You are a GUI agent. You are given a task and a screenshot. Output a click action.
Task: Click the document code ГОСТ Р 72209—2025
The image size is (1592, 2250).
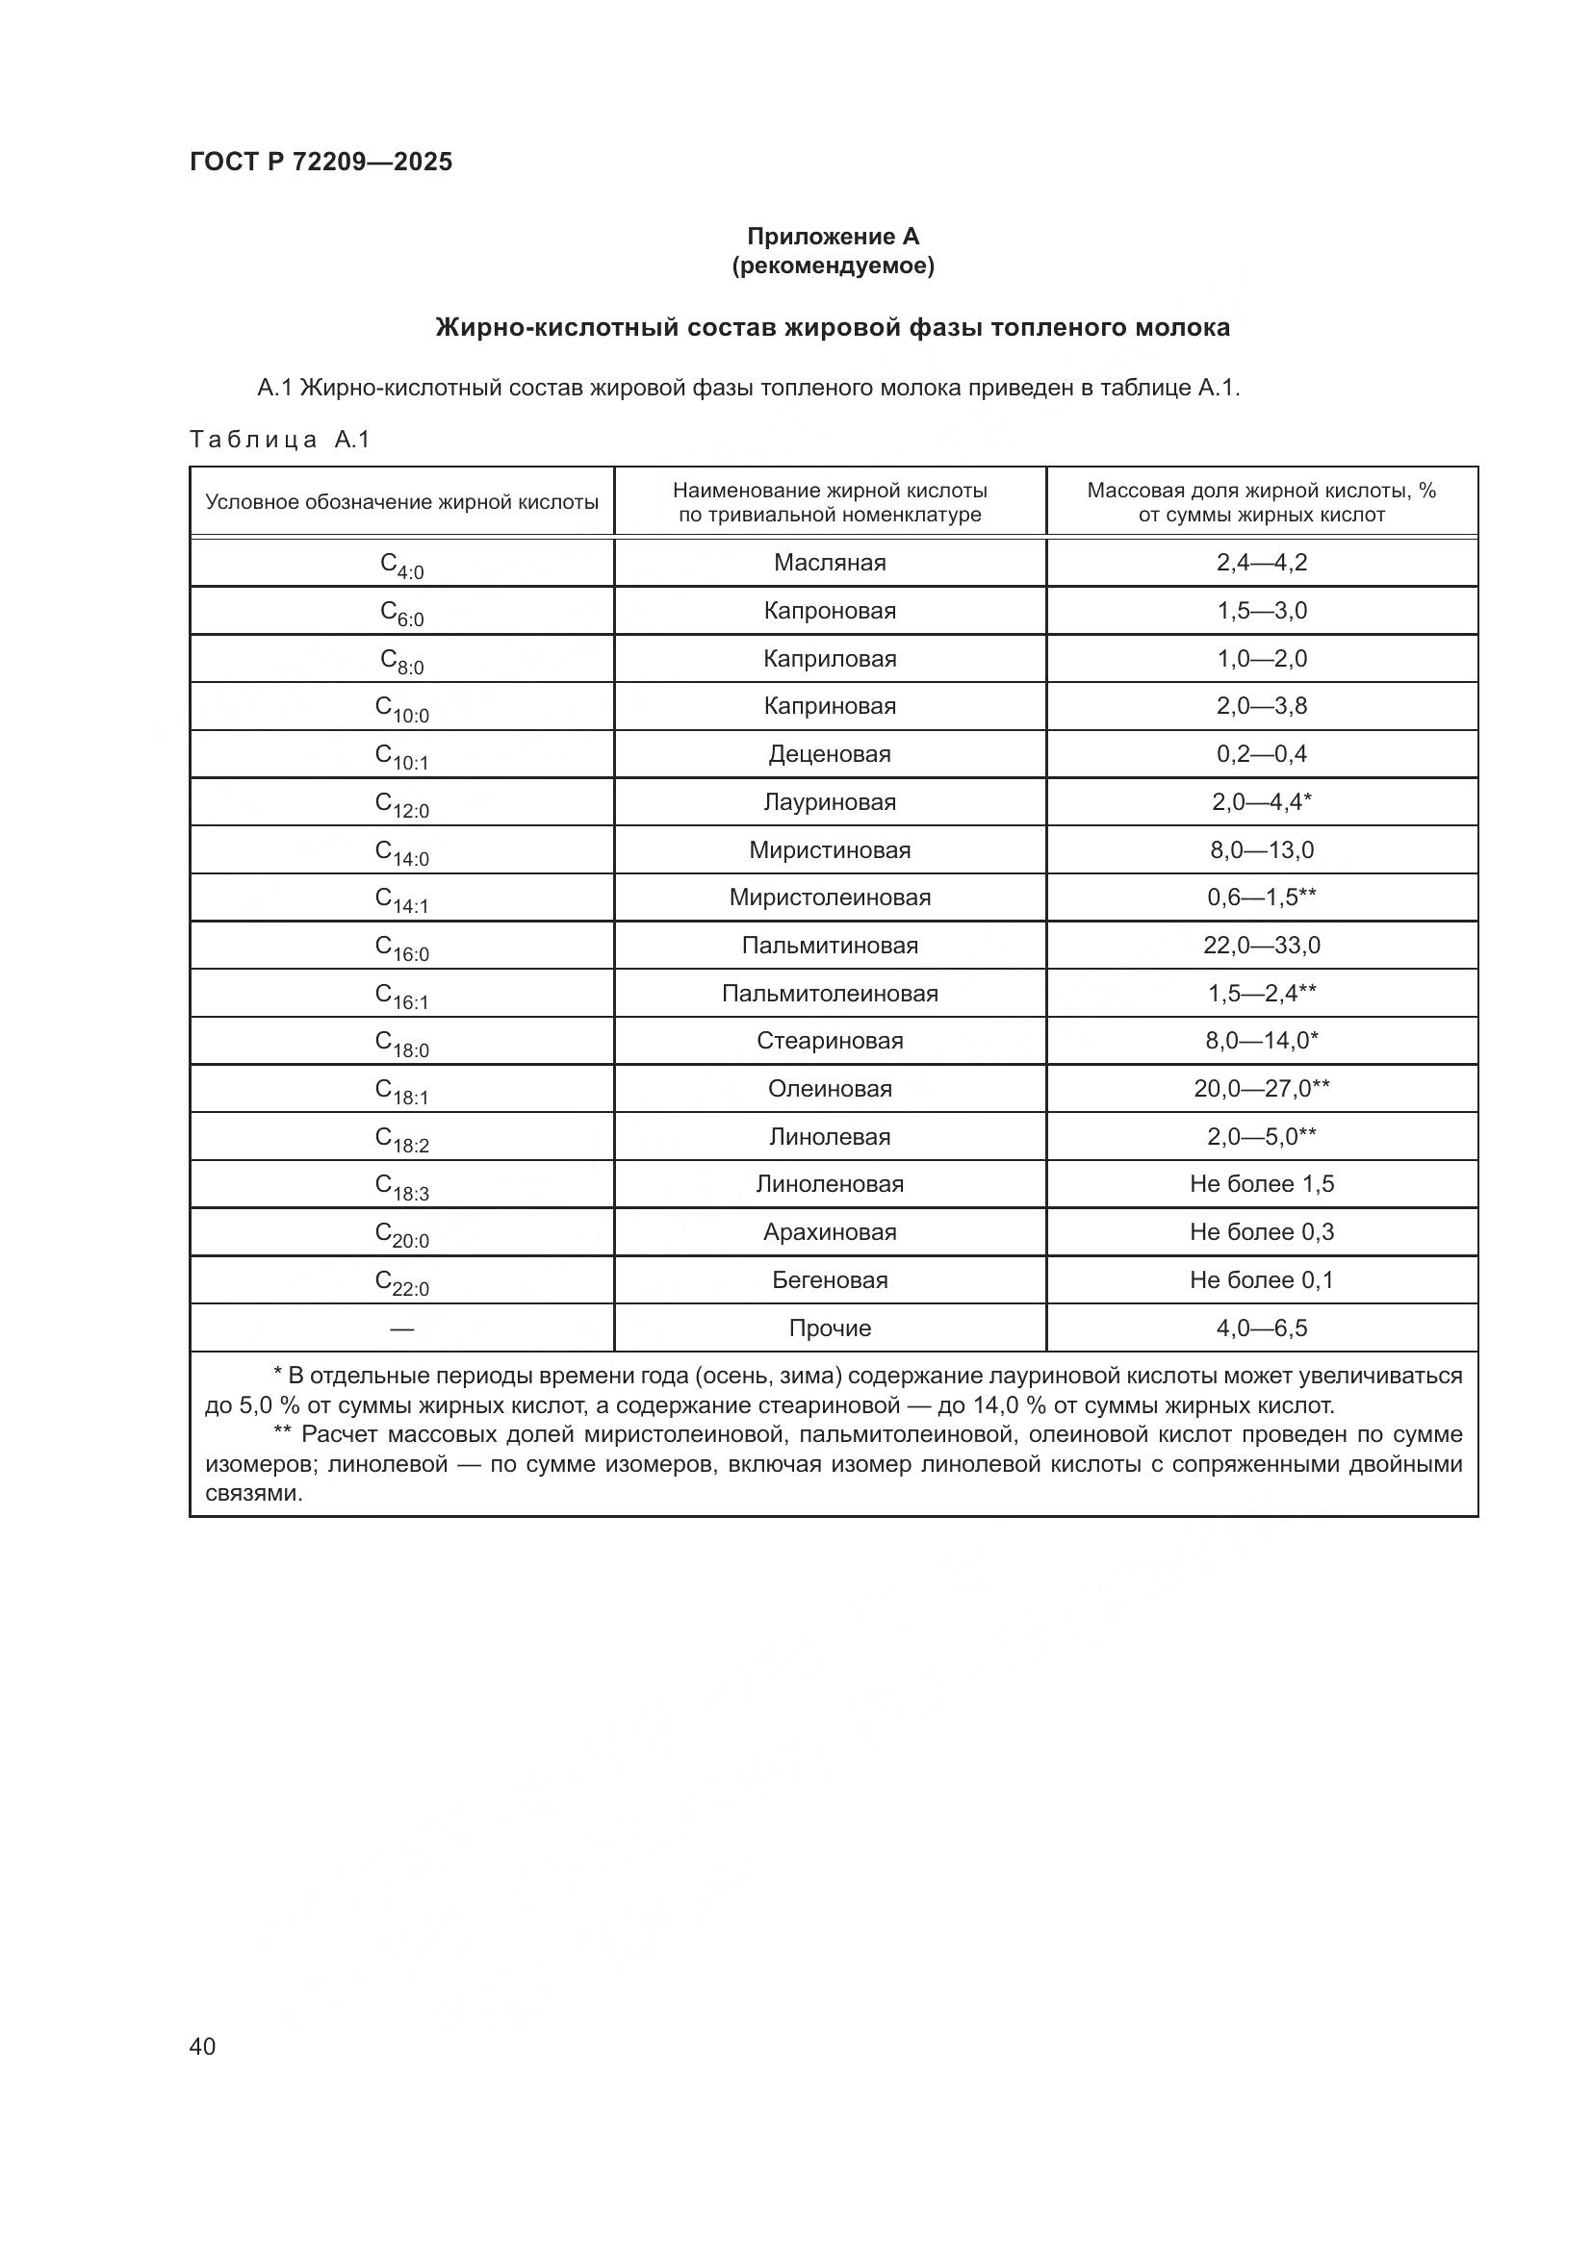tap(321, 162)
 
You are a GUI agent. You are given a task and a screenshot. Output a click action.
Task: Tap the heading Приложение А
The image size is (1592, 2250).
tap(833, 237)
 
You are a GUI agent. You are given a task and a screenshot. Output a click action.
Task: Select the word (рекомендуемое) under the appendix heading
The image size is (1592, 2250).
tap(833, 265)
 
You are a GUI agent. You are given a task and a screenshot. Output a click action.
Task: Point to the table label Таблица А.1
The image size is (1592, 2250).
tap(279, 439)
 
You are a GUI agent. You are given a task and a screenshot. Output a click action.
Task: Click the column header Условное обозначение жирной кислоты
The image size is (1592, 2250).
tap(402, 503)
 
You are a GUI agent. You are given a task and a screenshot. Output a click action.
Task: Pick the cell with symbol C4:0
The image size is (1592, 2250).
tap(402, 565)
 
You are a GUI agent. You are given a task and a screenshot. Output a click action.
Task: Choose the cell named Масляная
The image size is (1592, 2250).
tap(830, 563)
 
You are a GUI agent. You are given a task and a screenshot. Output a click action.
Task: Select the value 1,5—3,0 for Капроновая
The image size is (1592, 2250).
tap(1262, 611)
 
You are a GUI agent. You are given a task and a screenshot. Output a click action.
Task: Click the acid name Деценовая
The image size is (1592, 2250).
tap(830, 753)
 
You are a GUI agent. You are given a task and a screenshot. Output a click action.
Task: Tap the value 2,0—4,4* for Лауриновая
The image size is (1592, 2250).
tap(1262, 801)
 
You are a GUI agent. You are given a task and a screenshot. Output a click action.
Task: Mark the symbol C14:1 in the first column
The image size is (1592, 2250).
tap(402, 899)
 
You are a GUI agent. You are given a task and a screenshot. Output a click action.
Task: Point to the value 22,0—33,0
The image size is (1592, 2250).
tap(1262, 946)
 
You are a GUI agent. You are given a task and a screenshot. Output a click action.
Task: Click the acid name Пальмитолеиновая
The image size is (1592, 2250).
tap(830, 994)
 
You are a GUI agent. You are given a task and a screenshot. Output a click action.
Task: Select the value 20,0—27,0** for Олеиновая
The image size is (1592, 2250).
tap(1262, 1089)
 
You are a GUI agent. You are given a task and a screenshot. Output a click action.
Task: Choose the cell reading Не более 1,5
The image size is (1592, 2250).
tap(1262, 1184)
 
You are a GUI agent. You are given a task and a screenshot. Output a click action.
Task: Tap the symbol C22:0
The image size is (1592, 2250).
tap(402, 1281)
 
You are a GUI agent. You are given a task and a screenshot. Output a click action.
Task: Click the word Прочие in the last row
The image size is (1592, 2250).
tap(830, 1327)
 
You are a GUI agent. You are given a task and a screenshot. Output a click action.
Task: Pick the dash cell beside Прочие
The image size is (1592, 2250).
tap(402, 1328)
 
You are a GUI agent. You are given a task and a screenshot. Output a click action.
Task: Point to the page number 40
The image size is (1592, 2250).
tap(203, 2046)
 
